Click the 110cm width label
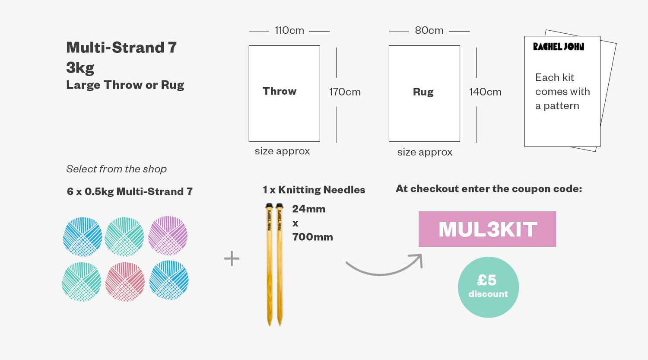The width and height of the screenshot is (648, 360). pyautogui.click(x=289, y=30)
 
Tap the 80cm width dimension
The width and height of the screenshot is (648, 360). pyautogui.click(x=429, y=30)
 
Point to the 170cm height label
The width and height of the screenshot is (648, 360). pyautogui.click(x=345, y=92)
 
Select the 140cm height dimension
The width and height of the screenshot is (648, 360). pyautogui.click(x=485, y=92)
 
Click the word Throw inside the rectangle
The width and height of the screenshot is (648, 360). pyautogui.click(x=280, y=91)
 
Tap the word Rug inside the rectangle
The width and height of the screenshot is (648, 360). pyautogui.click(x=423, y=92)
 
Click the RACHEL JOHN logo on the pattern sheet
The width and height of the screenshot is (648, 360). pyautogui.click(x=559, y=47)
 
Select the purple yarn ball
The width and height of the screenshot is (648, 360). pyautogui.click(x=168, y=236)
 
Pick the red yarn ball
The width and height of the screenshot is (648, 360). pyautogui.click(x=125, y=282)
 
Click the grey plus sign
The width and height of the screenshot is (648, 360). pyautogui.click(x=232, y=258)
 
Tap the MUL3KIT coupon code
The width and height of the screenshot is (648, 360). pyautogui.click(x=487, y=229)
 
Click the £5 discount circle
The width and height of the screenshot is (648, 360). pyautogui.click(x=488, y=287)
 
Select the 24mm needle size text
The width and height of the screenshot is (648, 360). pyautogui.click(x=309, y=209)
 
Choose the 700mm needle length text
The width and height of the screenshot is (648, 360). pyautogui.click(x=312, y=237)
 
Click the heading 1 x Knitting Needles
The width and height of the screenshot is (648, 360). pyautogui.click(x=314, y=190)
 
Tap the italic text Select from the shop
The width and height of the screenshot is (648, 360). pyautogui.click(x=116, y=169)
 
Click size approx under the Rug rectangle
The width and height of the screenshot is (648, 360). pyautogui.click(x=425, y=152)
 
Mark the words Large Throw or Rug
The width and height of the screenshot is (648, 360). pyautogui.click(x=125, y=85)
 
